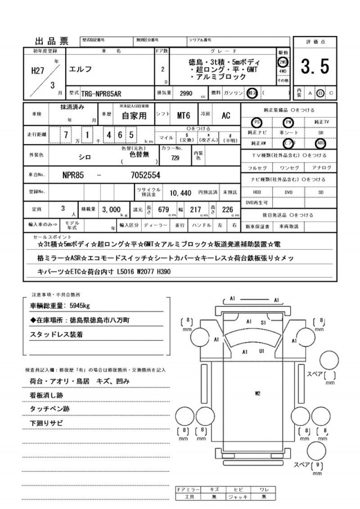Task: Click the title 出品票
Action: click(52, 40)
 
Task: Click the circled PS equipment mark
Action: click(256, 121)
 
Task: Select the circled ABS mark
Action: click(321, 142)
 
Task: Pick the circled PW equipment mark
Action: click(289, 121)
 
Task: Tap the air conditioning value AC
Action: click(225, 116)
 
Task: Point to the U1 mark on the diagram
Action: click(262, 351)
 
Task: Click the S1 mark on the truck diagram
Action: click(263, 323)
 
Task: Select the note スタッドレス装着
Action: click(56, 334)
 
